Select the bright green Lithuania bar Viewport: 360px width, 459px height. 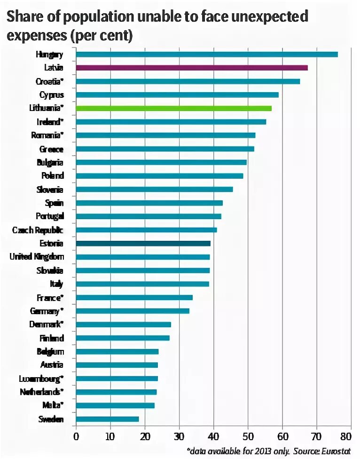coord(173,108)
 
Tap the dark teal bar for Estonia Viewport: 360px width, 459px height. coord(143,244)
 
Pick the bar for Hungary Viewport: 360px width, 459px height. coord(206,54)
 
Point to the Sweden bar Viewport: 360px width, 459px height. coord(107,419)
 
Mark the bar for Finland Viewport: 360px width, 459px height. coord(122,338)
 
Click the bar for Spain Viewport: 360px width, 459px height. coord(149,203)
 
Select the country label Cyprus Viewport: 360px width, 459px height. coord(51,95)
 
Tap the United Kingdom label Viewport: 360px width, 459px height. coord(37,257)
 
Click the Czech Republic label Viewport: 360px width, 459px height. coord(38,230)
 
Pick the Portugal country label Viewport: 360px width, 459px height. coord(49,216)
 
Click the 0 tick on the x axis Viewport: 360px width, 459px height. coord(76,436)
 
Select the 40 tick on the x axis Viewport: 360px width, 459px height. coord(213,436)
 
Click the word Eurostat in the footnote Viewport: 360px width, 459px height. coord(336,451)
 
